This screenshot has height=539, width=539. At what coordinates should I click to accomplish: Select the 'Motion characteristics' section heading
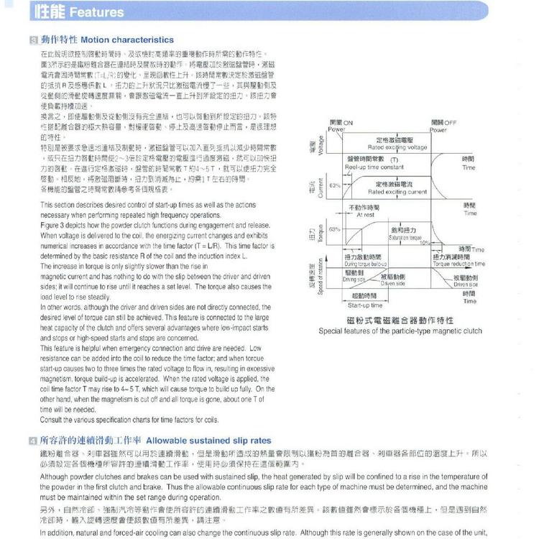pyautogui.click(x=127, y=40)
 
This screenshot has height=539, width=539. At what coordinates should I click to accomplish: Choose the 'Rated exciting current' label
pyautogui.click(x=396, y=193)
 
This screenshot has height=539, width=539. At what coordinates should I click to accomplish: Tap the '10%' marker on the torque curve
pyautogui.click(x=425, y=242)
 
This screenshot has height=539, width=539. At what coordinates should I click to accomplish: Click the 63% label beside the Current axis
pyautogui.click(x=333, y=185)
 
